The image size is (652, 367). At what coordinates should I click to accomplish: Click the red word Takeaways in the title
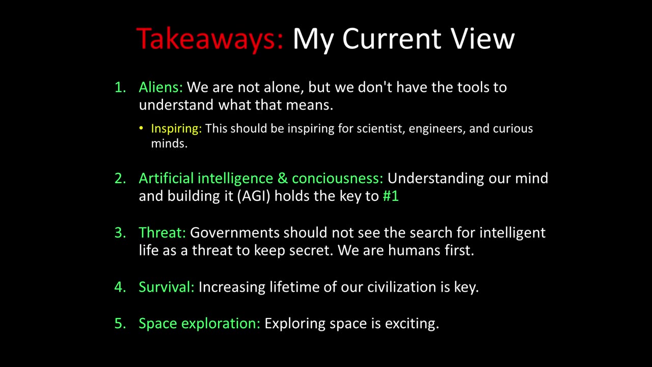click(x=209, y=39)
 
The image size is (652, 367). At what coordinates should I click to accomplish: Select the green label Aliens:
click(x=160, y=87)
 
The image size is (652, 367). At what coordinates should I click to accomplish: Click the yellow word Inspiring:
click(x=176, y=128)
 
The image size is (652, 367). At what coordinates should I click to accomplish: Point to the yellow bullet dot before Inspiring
click(x=141, y=128)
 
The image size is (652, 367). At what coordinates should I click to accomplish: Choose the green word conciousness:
click(x=338, y=178)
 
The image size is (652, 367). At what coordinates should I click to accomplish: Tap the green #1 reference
click(x=391, y=196)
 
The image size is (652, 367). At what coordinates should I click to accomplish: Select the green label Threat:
click(x=162, y=232)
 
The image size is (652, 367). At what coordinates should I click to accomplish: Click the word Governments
click(x=235, y=232)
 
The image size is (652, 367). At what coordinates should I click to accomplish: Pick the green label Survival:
click(x=167, y=287)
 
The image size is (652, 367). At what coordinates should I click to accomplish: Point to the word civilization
click(x=401, y=287)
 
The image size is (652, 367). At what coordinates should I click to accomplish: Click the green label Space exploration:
click(x=199, y=323)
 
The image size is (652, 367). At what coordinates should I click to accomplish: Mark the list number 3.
click(x=120, y=233)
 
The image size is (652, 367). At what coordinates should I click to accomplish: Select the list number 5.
click(x=120, y=323)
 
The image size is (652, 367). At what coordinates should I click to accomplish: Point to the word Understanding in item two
click(x=436, y=178)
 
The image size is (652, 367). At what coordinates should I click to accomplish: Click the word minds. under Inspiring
click(x=170, y=144)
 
